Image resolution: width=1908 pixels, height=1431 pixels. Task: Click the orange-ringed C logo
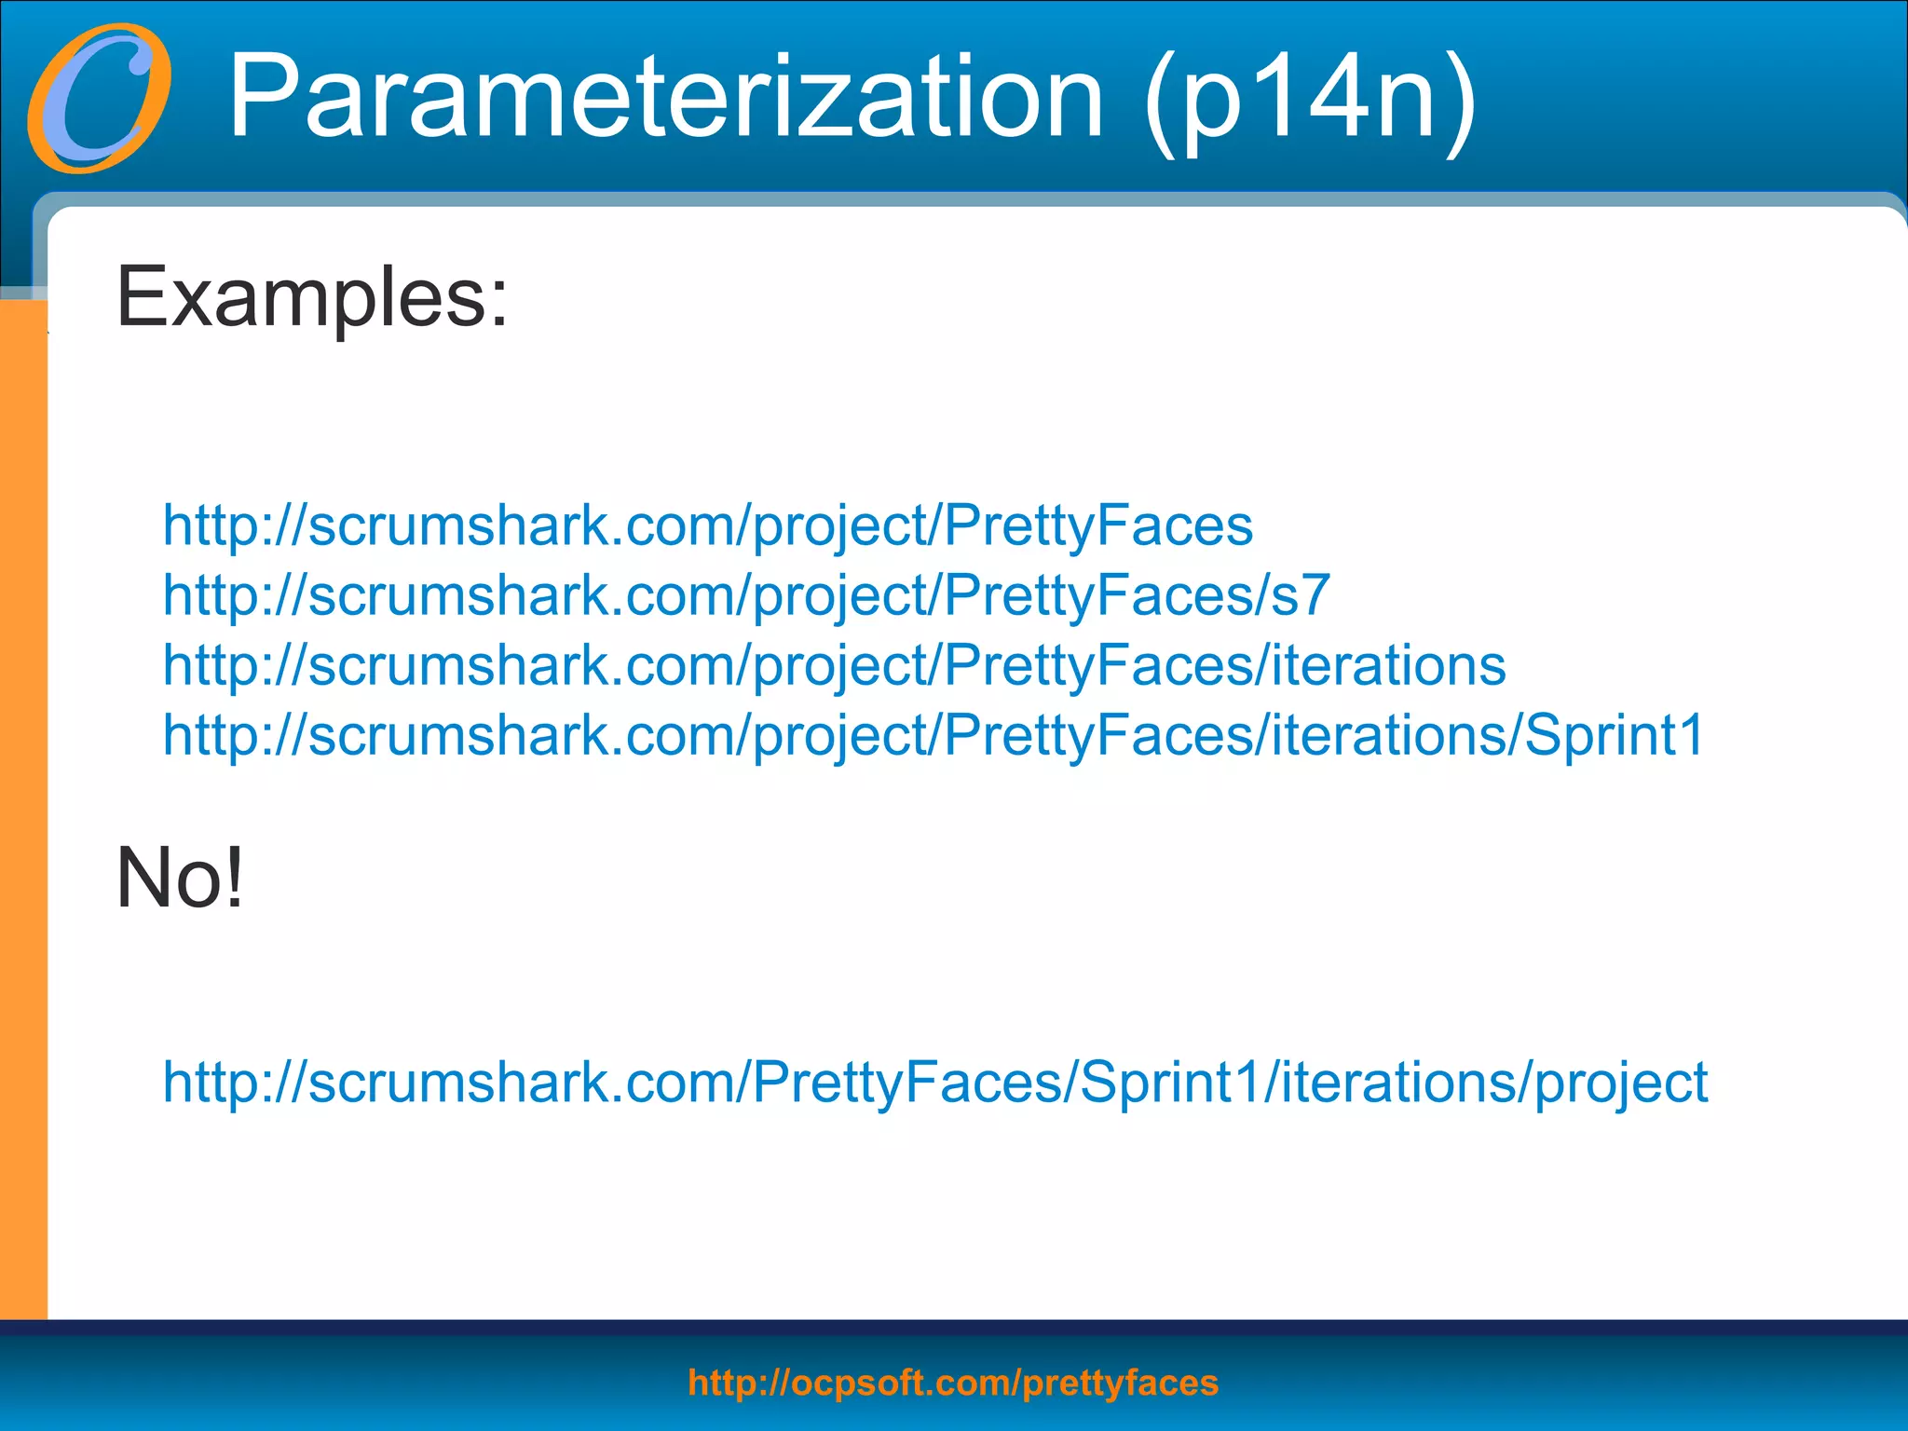click(99, 99)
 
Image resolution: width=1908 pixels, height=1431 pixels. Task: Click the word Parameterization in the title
click(665, 97)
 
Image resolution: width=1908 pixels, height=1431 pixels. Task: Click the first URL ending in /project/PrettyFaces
click(708, 525)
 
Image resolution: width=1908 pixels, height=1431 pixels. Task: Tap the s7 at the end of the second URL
click(1300, 595)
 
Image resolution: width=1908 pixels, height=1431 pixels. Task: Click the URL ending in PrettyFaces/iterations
click(834, 665)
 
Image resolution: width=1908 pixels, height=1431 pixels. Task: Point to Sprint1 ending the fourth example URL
click(1615, 735)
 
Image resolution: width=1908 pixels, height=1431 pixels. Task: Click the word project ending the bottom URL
click(1621, 1083)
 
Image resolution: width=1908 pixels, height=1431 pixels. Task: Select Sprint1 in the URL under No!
click(1170, 1083)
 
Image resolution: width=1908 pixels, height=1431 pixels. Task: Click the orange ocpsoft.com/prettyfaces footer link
click(953, 1383)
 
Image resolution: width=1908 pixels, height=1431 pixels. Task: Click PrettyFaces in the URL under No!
click(908, 1083)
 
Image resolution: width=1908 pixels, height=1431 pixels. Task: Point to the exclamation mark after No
click(234, 878)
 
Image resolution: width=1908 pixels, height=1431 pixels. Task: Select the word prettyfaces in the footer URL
click(1121, 1383)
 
